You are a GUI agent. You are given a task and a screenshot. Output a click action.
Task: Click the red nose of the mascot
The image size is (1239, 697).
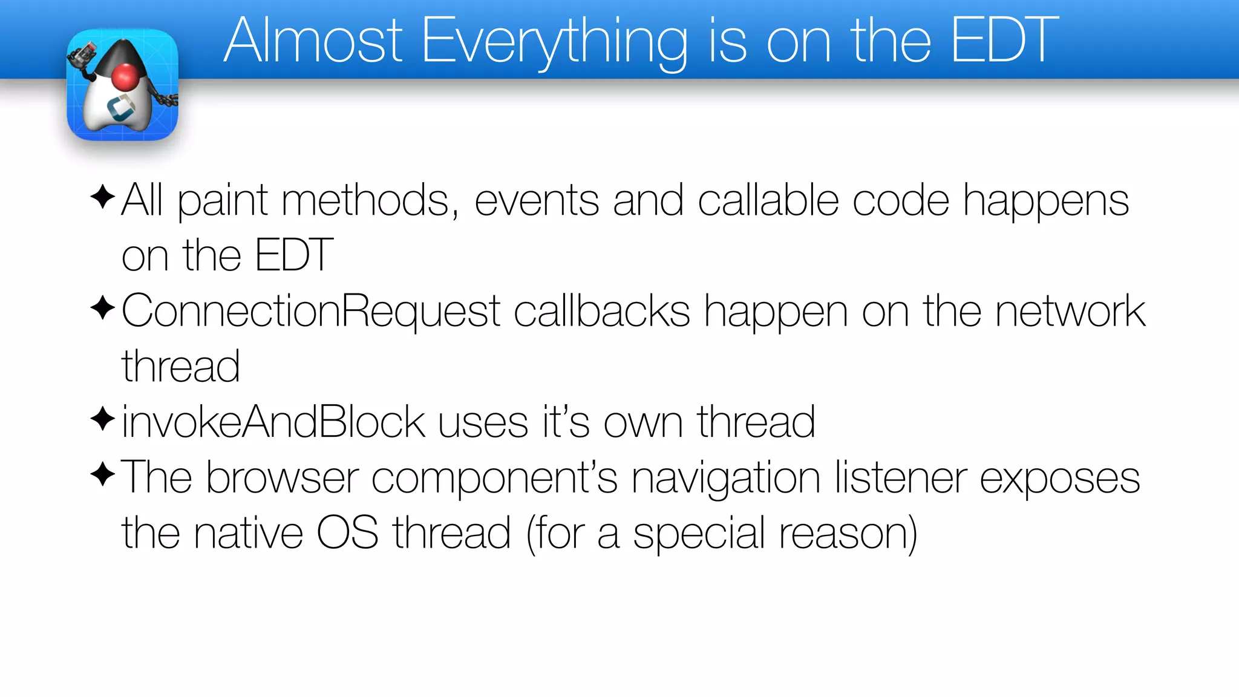coord(126,77)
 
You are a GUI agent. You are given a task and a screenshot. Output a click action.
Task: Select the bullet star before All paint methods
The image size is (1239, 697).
coord(102,197)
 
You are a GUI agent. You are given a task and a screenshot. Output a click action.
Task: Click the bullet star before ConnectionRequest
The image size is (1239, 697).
coord(102,309)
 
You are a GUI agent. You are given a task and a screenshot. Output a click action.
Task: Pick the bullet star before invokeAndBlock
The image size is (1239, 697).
coord(102,419)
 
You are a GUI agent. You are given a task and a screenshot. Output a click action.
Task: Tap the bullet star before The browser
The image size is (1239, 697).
coord(102,474)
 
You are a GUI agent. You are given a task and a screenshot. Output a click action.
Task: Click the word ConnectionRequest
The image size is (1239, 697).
coord(311,312)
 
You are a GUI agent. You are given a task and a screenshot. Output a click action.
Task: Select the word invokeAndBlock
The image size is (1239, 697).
coord(273,422)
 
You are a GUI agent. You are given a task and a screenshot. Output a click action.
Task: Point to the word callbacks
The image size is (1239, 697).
coord(602,312)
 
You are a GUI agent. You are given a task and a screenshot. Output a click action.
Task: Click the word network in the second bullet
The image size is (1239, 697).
coord(1070,312)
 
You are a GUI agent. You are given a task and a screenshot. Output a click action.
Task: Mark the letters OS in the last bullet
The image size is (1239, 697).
coord(348,533)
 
